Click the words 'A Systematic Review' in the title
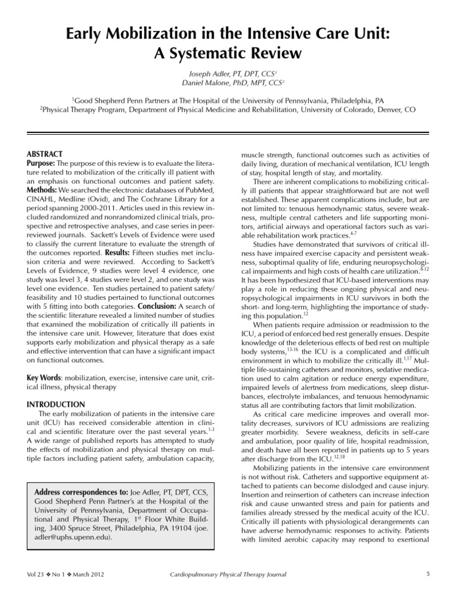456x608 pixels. pyautogui.click(x=227, y=53)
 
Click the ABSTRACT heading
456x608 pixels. pyautogui.click(x=45, y=154)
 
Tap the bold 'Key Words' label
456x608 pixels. pyautogui.click(x=43, y=378)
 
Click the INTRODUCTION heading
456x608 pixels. pyautogui.click(x=56, y=404)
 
